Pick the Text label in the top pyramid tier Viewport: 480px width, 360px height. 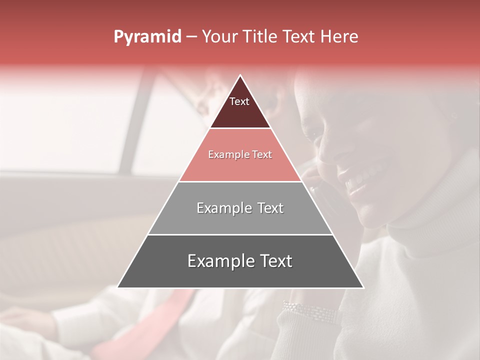point(239,101)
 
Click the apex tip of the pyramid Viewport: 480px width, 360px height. point(240,75)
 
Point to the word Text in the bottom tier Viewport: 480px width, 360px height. point(275,261)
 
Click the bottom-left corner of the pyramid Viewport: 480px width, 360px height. point(118,287)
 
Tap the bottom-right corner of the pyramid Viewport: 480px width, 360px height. point(363,287)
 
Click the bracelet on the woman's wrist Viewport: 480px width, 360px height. point(310,312)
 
